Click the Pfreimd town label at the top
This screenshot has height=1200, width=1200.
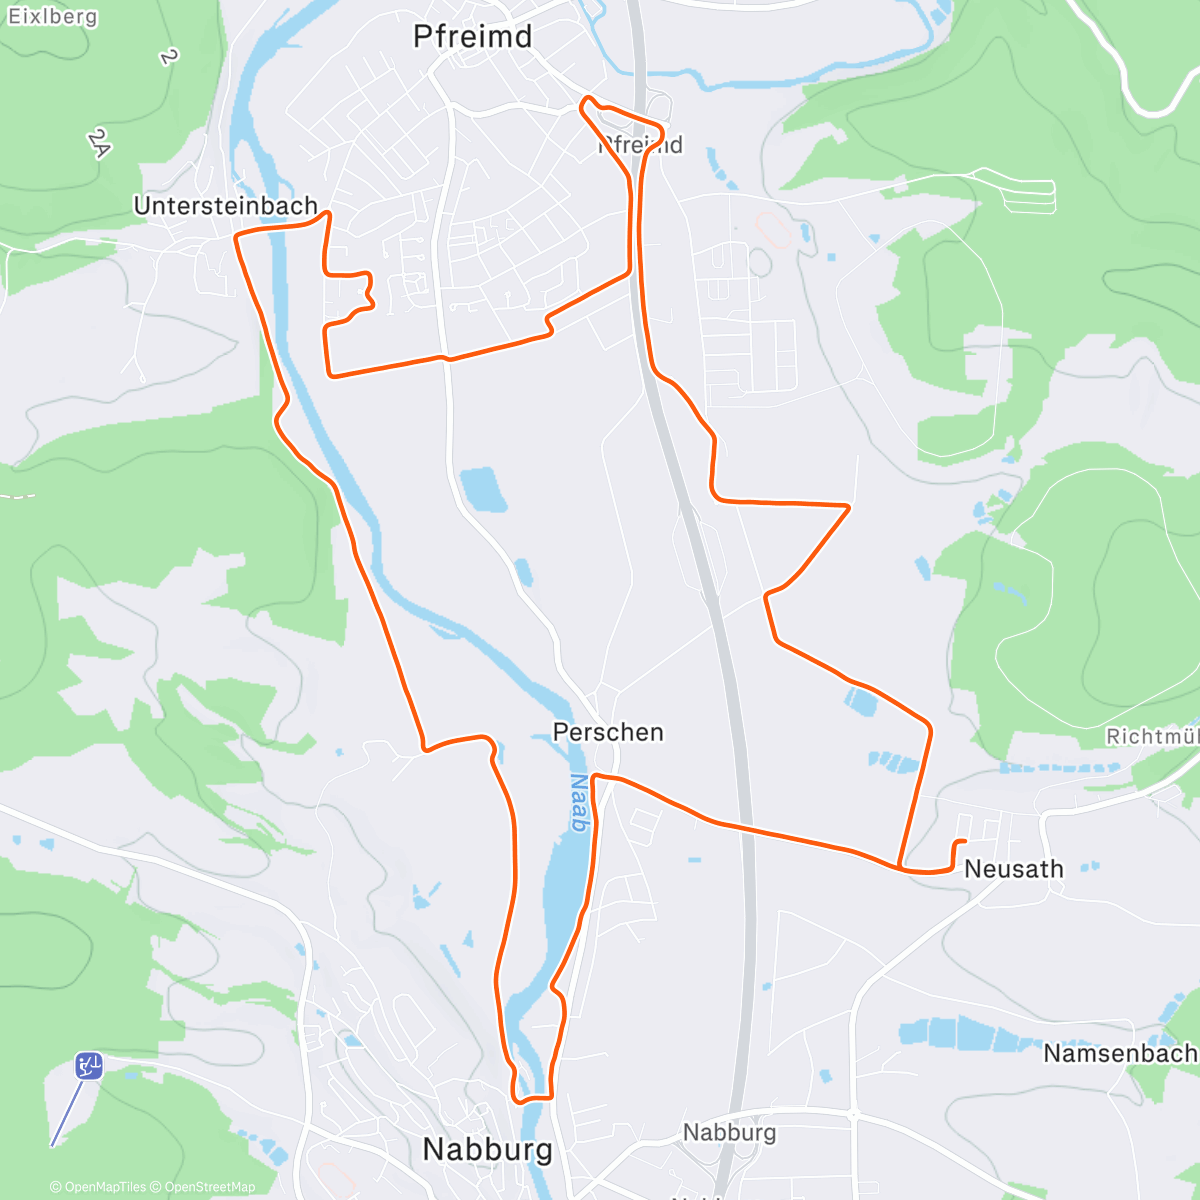pyautogui.click(x=472, y=37)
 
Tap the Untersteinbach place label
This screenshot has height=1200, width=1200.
pyautogui.click(x=225, y=206)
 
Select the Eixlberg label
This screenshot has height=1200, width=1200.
pyautogui.click(x=52, y=17)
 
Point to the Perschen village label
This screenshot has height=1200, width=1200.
pyautogui.click(x=608, y=732)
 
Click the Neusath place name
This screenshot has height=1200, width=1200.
pyautogui.click(x=1013, y=869)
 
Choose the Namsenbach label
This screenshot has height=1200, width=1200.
pyautogui.click(x=1119, y=1053)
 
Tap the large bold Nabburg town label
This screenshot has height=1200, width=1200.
pyautogui.click(x=487, y=1149)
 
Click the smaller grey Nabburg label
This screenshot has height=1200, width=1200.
pyautogui.click(x=729, y=1132)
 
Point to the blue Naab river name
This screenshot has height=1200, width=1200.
pyautogui.click(x=578, y=803)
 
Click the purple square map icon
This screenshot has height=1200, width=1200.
pyautogui.click(x=89, y=1066)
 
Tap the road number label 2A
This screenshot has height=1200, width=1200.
pyautogui.click(x=98, y=144)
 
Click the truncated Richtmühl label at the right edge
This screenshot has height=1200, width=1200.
pyautogui.click(x=1152, y=736)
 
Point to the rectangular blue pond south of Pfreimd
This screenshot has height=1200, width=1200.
pyautogui.click(x=482, y=489)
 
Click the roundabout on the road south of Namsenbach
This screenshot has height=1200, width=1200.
pyautogui.click(x=854, y=1112)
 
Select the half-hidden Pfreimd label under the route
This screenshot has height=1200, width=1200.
pyautogui.click(x=641, y=145)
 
